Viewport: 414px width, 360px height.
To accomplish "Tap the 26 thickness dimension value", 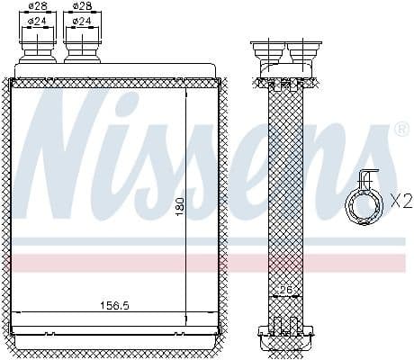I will click(x=285, y=290).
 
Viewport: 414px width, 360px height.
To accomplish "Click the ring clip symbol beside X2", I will click(x=365, y=202).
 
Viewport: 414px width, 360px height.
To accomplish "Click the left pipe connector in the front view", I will click(x=37, y=46).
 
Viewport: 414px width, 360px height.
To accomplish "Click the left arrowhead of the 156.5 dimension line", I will click(x=20, y=311).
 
